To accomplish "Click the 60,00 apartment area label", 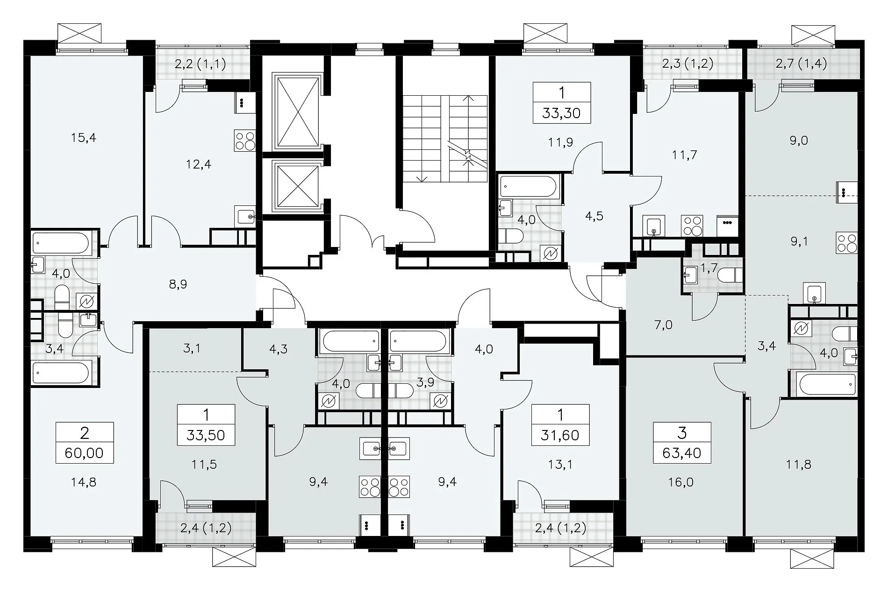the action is click(85, 452).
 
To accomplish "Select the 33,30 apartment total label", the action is click(562, 113).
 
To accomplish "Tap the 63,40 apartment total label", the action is click(682, 452).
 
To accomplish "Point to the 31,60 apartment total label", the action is click(560, 435).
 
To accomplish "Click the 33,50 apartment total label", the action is click(206, 435).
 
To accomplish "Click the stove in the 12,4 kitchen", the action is click(244, 141).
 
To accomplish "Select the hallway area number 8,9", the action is click(178, 284).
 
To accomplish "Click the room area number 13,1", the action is click(560, 465).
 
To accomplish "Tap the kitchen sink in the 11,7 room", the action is click(653, 226).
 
